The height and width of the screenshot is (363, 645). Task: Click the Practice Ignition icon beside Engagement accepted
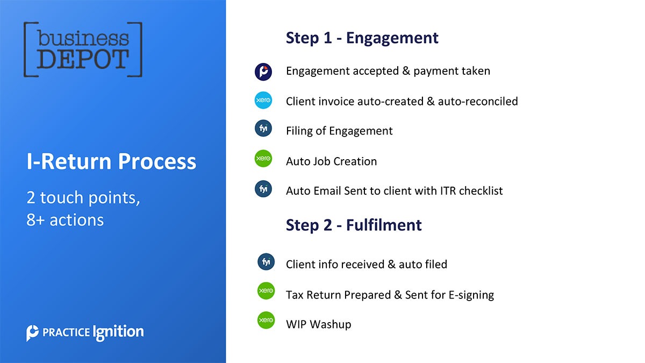(263, 72)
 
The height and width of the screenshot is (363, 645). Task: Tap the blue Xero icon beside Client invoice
(263, 100)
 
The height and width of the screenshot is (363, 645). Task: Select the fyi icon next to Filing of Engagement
(263, 128)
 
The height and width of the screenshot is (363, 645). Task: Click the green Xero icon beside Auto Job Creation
(263, 159)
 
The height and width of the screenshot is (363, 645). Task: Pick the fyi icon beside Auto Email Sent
(263, 189)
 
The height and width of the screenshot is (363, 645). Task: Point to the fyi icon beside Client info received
(266, 262)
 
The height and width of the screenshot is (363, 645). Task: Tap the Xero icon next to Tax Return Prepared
(266, 291)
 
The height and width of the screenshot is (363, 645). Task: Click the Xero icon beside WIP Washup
(266, 320)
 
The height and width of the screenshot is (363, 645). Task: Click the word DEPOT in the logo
(83, 59)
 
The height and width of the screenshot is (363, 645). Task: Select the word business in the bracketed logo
(83, 38)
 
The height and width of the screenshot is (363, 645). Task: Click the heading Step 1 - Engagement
(362, 38)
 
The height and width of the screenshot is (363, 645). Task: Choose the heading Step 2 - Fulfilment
(354, 225)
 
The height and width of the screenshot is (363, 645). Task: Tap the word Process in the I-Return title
(157, 161)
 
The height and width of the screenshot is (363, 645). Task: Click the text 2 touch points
(83, 198)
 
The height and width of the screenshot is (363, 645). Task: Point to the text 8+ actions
(65, 220)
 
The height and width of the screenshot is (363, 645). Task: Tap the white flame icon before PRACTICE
(33, 333)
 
